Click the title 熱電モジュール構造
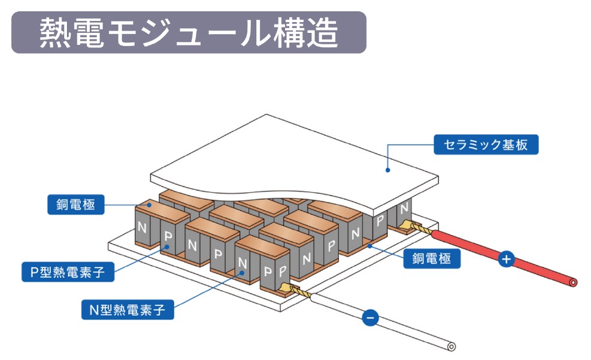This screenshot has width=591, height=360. (189, 32)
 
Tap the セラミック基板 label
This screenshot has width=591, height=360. (486, 144)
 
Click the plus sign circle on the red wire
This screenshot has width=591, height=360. (507, 259)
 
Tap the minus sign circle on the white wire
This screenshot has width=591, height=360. (370, 317)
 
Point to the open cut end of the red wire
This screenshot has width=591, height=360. (574, 282)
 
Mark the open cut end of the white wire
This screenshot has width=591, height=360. (451, 347)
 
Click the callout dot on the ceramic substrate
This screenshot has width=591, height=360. (388, 170)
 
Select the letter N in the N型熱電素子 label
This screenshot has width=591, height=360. (93, 310)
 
